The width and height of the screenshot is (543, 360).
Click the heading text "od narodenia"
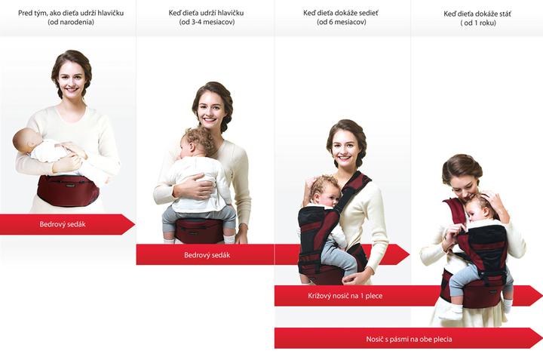pyautogui.click(x=71, y=22)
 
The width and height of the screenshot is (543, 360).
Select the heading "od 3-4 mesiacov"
pyautogui.click(x=207, y=22)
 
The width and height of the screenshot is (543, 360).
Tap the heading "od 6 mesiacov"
pyautogui.click(x=341, y=22)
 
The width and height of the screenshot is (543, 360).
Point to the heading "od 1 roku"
pyautogui.click(x=478, y=23)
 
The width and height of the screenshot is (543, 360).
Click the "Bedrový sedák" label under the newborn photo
pyautogui.click(x=63, y=224)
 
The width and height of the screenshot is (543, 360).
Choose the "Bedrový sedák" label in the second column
pyautogui.click(x=207, y=255)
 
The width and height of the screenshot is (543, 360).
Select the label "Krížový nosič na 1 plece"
pyautogui.click(x=345, y=296)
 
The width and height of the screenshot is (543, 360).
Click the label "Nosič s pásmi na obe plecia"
pyautogui.click(x=409, y=339)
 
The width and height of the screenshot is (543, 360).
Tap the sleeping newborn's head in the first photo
pyautogui.click(x=26, y=140)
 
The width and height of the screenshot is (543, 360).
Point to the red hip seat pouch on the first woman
pyautogui.click(x=68, y=191)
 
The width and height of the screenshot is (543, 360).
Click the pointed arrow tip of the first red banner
pyautogui.click(x=134, y=224)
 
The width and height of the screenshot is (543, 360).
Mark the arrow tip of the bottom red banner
pyautogui.click(x=541, y=338)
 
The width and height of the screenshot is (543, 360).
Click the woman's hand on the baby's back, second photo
pyautogui.click(x=194, y=187)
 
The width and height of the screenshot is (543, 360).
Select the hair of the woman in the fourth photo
pyautogui.click(x=462, y=168)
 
